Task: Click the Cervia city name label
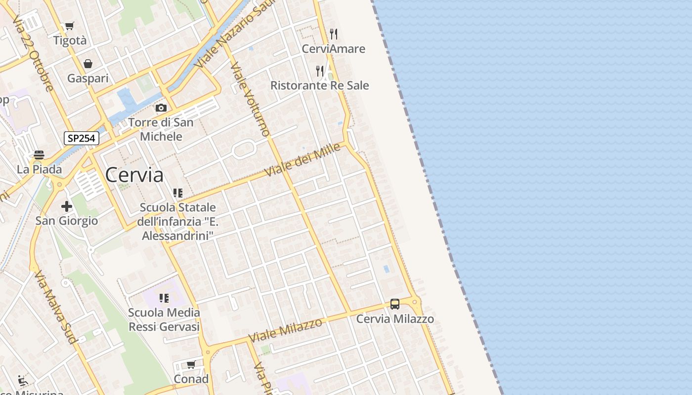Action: click(x=134, y=175)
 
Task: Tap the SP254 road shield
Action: click(x=82, y=138)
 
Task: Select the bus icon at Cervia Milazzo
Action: click(x=395, y=304)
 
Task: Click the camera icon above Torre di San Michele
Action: click(x=161, y=108)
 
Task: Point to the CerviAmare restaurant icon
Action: click(x=334, y=34)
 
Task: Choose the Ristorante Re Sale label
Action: click(x=319, y=85)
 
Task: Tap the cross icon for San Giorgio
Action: click(x=67, y=206)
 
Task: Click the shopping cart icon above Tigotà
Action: click(x=70, y=26)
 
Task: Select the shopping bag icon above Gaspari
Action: click(x=88, y=64)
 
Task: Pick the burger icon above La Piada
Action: click(x=39, y=155)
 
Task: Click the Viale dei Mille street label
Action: click(x=303, y=159)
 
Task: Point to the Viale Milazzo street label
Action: click(x=285, y=330)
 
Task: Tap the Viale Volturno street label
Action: click(x=250, y=99)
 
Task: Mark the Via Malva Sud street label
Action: click(x=55, y=306)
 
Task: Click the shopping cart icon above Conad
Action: click(x=191, y=364)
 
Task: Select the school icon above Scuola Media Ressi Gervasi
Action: click(x=164, y=298)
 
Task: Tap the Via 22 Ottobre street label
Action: click(x=33, y=52)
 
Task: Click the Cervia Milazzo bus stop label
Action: click(x=395, y=319)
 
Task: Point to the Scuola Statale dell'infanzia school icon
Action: click(x=178, y=193)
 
